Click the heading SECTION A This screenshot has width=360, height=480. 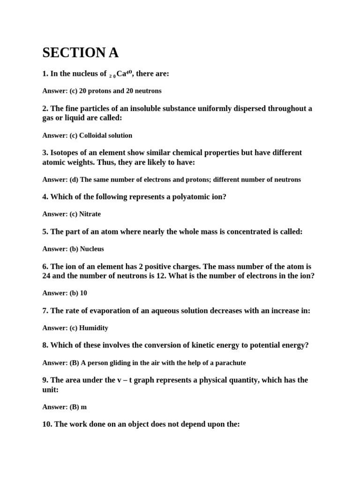click(80, 52)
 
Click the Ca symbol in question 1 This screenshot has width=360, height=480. click(121, 74)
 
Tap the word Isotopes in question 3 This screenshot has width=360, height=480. click(66, 153)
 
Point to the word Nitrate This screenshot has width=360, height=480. click(90, 214)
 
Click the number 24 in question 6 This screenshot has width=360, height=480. click(46, 276)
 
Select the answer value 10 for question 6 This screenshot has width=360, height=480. click(83, 293)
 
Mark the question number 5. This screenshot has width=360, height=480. click(45, 232)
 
